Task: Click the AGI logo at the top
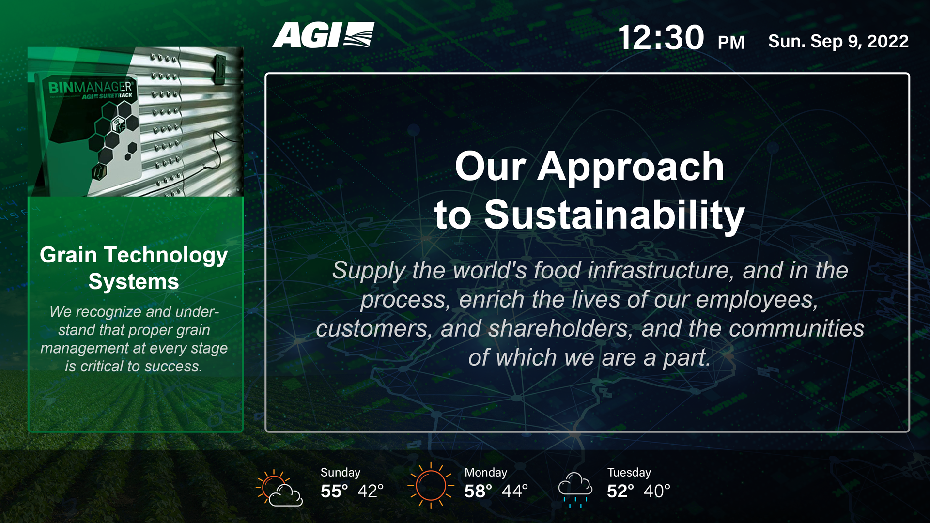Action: (x=323, y=35)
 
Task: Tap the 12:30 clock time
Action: (x=661, y=38)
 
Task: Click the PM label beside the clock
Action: (x=731, y=43)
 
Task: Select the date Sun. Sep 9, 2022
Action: (x=838, y=41)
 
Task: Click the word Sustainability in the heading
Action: (x=614, y=215)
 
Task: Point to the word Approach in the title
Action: (x=631, y=167)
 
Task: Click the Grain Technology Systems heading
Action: (x=134, y=268)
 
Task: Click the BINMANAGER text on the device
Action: (x=90, y=87)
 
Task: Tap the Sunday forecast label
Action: (x=341, y=472)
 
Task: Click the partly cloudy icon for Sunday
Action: (x=279, y=488)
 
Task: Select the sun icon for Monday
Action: (x=431, y=485)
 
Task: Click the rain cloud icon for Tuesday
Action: (x=575, y=490)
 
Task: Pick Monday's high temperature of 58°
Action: (x=478, y=492)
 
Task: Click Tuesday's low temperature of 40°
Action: (x=657, y=492)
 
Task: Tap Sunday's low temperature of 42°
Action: (x=371, y=492)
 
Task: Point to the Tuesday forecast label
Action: (x=629, y=472)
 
